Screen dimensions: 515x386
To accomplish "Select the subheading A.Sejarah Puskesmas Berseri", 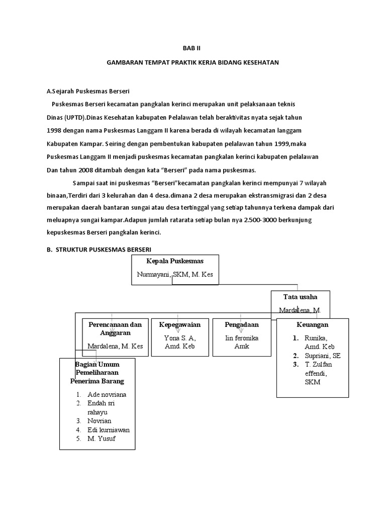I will click(88, 92).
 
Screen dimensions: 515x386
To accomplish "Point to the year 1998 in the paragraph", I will click(54, 130).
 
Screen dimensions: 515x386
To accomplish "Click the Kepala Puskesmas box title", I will click(175, 261).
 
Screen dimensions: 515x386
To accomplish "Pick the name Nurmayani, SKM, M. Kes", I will click(175, 274).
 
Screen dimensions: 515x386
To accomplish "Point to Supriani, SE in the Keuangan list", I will click(322, 355).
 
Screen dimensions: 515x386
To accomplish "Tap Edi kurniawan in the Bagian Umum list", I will click(108, 430).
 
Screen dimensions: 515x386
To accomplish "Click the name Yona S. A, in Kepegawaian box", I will click(179, 338).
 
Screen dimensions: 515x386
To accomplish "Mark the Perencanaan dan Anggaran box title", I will click(115, 328).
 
